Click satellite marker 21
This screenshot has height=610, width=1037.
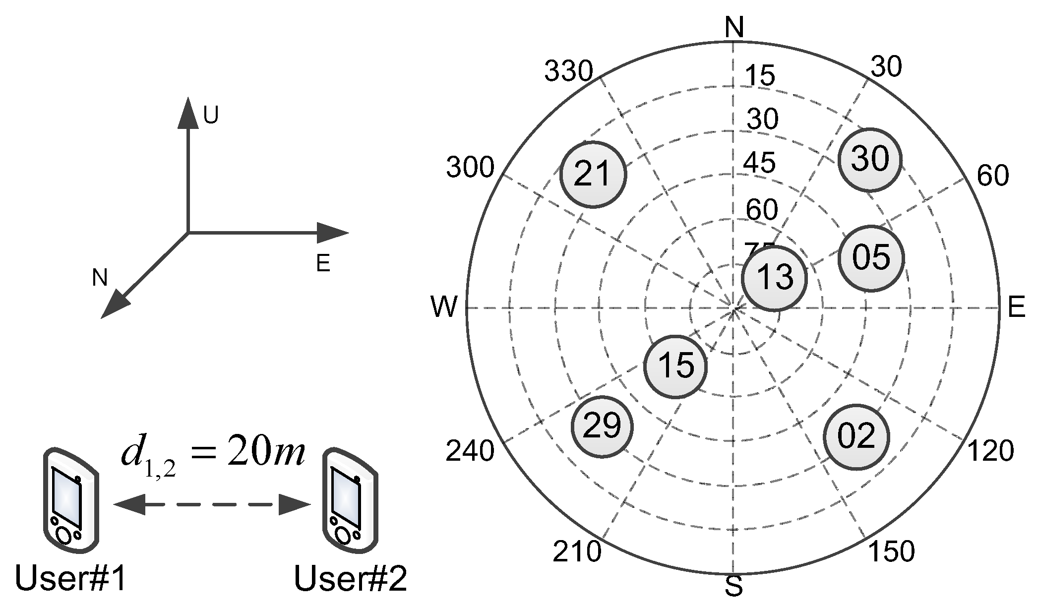[x=593, y=175]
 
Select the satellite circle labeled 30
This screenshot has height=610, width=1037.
[x=870, y=160]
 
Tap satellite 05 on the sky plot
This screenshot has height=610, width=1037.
[x=871, y=258]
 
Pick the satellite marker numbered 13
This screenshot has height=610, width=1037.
[x=774, y=278]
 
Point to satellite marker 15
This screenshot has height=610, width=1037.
[x=675, y=366]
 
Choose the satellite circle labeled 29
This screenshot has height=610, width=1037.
[x=602, y=427]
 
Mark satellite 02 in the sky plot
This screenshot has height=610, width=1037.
[x=856, y=437]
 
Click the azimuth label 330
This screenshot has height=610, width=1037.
[x=568, y=72]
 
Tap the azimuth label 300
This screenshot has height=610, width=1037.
[x=470, y=168]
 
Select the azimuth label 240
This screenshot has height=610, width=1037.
[x=470, y=451]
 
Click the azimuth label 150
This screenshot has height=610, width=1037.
[x=891, y=551]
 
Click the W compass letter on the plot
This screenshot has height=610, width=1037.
[x=444, y=307]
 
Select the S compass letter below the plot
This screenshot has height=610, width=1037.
[x=733, y=587]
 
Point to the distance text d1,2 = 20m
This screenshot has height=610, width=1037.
[x=212, y=455]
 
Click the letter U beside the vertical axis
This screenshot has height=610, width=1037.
[x=211, y=116]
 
